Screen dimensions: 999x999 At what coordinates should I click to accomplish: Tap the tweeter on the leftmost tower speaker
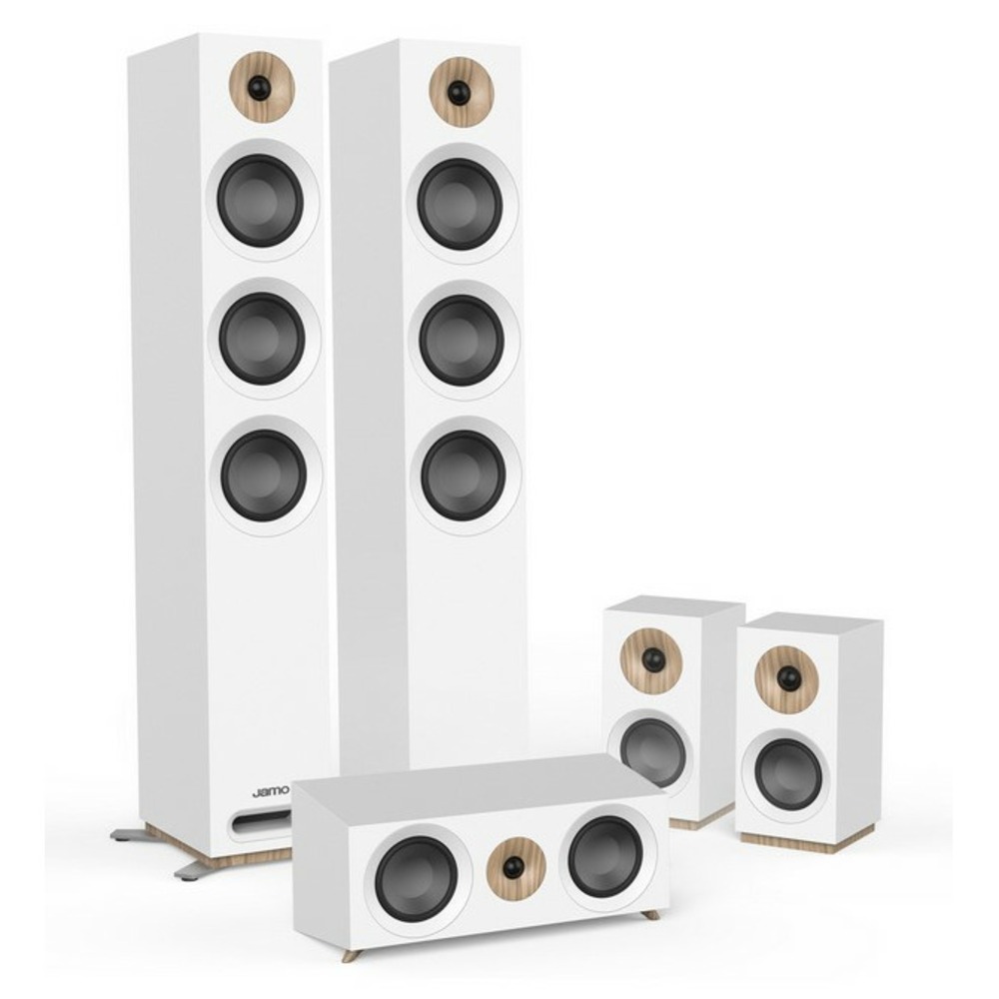[x=260, y=87]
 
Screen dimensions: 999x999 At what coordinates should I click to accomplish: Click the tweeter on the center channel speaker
[x=514, y=867]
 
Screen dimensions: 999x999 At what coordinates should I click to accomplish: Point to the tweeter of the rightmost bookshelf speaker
[x=786, y=677]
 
